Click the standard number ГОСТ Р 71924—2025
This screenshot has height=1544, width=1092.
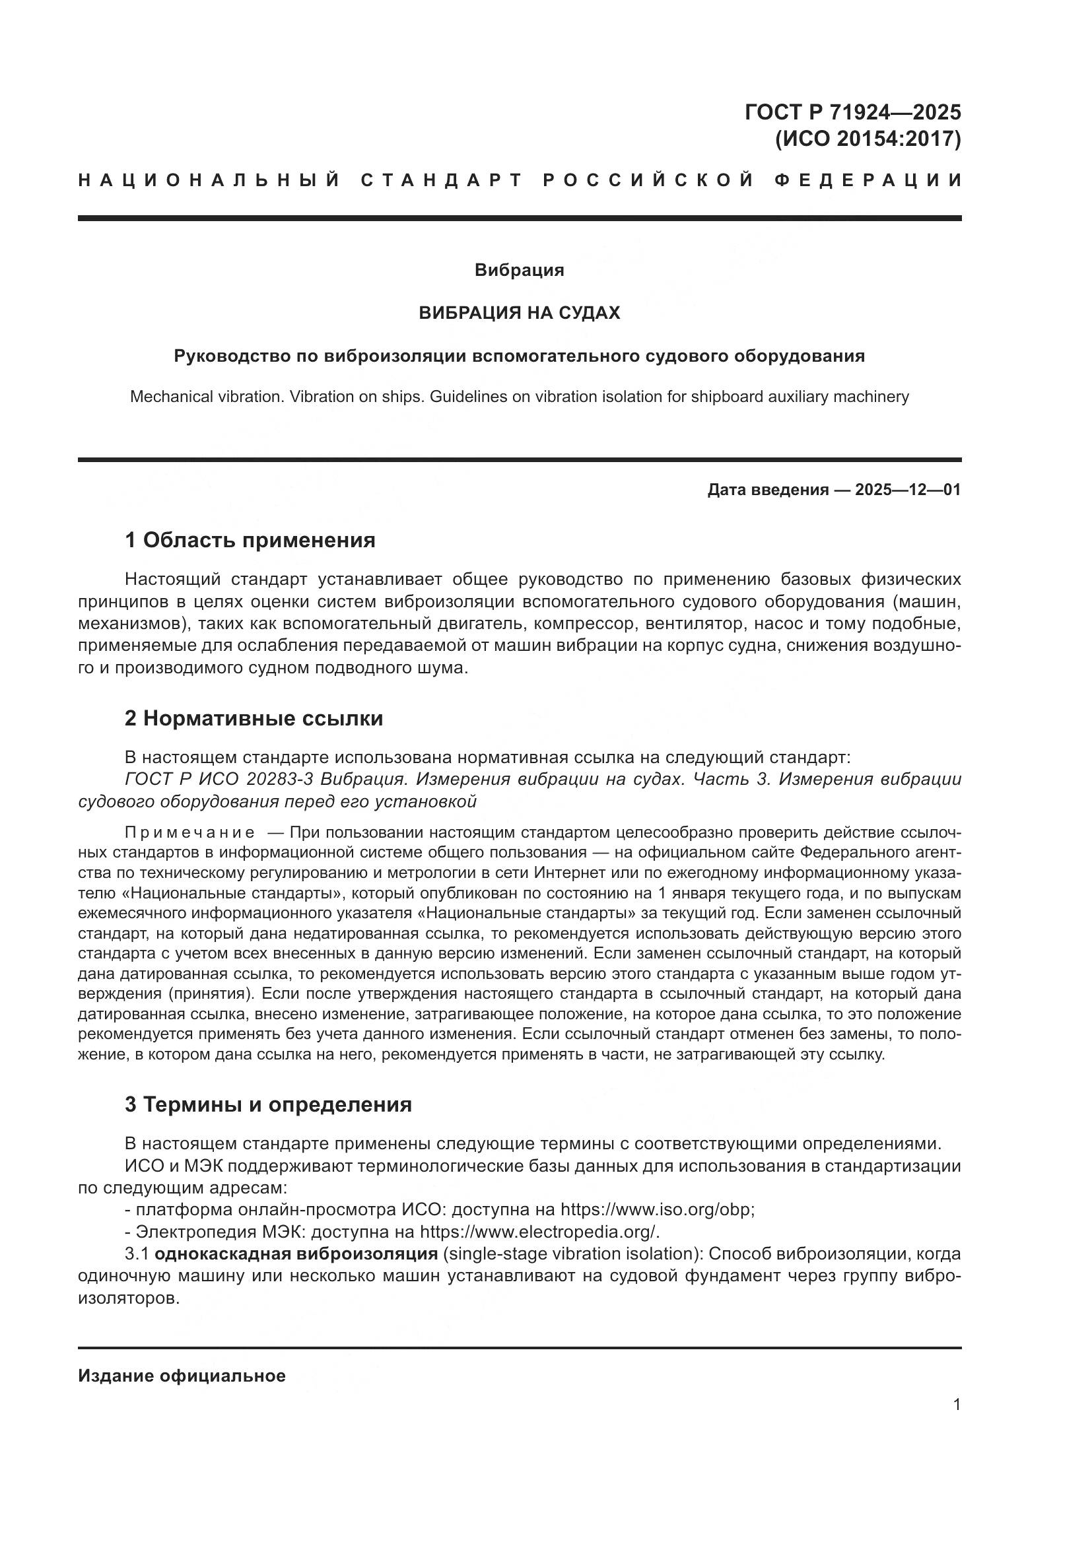(x=852, y=112)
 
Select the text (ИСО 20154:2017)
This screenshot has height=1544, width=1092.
(x=868, y=139)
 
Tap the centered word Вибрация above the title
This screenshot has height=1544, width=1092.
(x=519, y=271)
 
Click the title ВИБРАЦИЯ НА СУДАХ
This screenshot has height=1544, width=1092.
(x=519, y=313)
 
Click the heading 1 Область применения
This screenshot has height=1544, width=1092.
(x=250, y=540)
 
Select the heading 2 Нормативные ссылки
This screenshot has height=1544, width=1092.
(x=254, y=718)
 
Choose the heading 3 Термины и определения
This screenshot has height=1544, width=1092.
(x=267, y=1104)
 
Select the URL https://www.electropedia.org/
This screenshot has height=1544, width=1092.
(x=539, y=1232)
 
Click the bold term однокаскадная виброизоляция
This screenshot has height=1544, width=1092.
(x=296, y=1254)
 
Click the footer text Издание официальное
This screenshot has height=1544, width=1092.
(x=182, y=1376)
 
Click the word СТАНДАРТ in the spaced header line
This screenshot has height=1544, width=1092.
(x=442, y=180)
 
